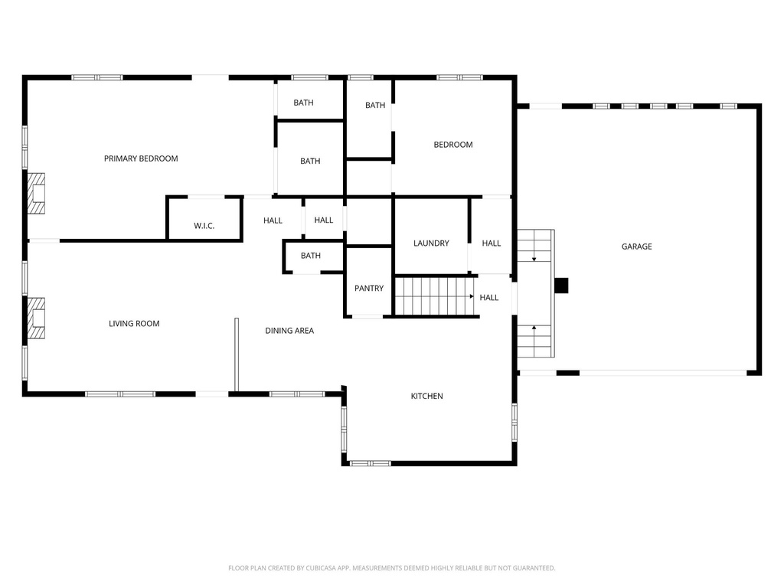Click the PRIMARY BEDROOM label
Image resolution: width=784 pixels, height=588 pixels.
click(141, 158)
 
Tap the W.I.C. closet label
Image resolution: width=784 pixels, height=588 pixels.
click(204, 226)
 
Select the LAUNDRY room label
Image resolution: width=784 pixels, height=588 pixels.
click(431, 243)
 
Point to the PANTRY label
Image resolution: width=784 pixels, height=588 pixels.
click(369, 289)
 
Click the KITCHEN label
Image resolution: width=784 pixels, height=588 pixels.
click(427, 396)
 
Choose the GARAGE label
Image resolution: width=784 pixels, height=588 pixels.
click(636, 247)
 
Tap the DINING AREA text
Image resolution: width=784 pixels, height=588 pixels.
click(289, 331)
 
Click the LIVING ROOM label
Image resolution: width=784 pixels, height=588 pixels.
click(134, 324)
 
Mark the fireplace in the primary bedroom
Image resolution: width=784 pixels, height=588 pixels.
click(36, 194)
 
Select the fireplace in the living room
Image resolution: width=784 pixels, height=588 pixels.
click(36, 318)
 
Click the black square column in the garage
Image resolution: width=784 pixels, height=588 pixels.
click(561, 285)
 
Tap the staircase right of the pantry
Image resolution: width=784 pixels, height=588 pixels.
click(433, 296)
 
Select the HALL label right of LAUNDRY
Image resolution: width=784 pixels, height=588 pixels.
click(492, 243)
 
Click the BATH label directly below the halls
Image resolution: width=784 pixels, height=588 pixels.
click(310, 256)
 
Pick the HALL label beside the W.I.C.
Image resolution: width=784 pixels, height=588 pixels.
click(273, 220)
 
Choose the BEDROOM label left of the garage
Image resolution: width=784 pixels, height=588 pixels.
click(453, 145)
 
